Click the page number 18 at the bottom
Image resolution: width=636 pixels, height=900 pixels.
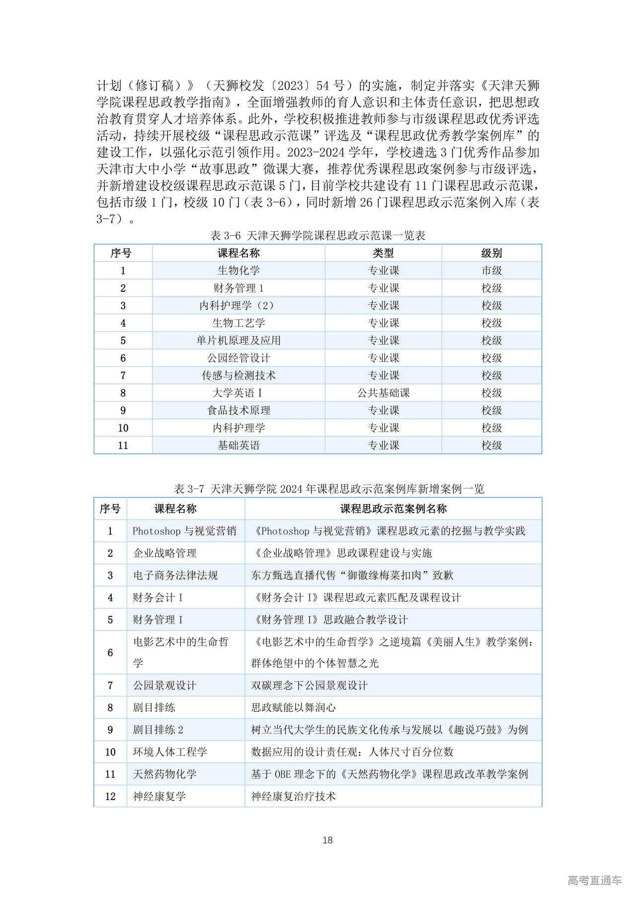(327, 840)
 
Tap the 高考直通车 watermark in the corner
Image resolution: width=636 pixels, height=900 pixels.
(594, 880)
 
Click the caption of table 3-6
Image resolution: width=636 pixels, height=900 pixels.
(318, 235)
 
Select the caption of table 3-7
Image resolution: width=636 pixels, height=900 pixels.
(329, 489)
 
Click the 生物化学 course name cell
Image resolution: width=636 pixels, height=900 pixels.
(238, 270)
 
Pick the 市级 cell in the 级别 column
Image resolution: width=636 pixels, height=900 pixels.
(491, 270)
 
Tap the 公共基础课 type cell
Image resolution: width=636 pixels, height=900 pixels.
(383, 393)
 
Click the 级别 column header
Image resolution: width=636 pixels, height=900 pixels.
(491, 253)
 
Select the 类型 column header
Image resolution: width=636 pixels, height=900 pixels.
(383, 253)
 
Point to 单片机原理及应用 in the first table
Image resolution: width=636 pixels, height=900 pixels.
(238, 341)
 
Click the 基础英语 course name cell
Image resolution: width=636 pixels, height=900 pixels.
(238, 446)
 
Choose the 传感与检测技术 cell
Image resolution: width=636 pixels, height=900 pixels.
(238, 375)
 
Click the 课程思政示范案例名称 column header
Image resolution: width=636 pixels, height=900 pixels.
(393, 509)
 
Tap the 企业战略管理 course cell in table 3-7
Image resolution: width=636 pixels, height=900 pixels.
(165, 553)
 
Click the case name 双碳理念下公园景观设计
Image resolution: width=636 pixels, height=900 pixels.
(309, 685)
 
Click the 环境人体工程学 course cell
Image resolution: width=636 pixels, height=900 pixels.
(170, 752)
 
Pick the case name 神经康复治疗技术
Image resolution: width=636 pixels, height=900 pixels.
(293, 796)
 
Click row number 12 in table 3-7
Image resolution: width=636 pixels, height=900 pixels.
(110, 796)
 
